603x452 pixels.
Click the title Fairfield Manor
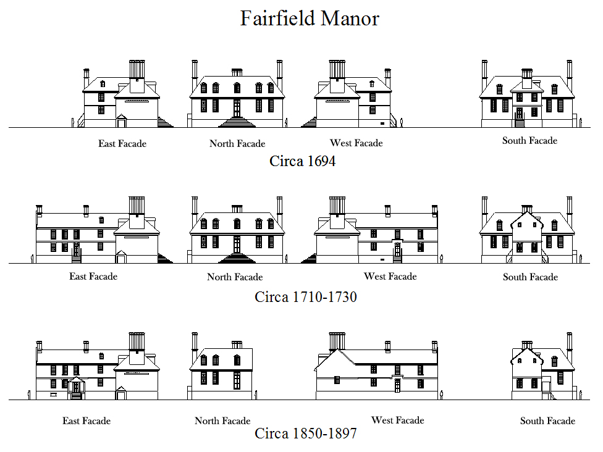coord(309,18)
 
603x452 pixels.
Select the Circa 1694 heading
coord(303,161)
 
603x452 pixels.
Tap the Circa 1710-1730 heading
coord(306,297)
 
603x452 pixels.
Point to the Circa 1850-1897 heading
coord(306,433)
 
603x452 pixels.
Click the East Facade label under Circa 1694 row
coord(122,143)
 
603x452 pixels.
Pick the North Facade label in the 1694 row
coord(237,144)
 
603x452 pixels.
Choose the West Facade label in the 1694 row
coord(356,143)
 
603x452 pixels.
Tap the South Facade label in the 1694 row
coord(529,141)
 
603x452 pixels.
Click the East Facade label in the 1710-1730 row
coord(93,276)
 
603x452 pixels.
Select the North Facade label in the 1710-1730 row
coord(235,277)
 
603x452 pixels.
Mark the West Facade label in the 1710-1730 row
coord(390,276)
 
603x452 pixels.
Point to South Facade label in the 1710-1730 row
coord(530,277)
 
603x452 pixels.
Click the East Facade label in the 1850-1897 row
coord(86,421)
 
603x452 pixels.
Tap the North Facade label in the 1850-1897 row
coord(222,421)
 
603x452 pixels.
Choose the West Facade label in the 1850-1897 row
coord(397,421)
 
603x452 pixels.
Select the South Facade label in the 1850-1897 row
coord(547,421)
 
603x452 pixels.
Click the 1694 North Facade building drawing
coord(237,96)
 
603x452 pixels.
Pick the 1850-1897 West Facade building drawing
coord(376,367)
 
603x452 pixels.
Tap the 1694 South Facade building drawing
coord(527,96)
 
